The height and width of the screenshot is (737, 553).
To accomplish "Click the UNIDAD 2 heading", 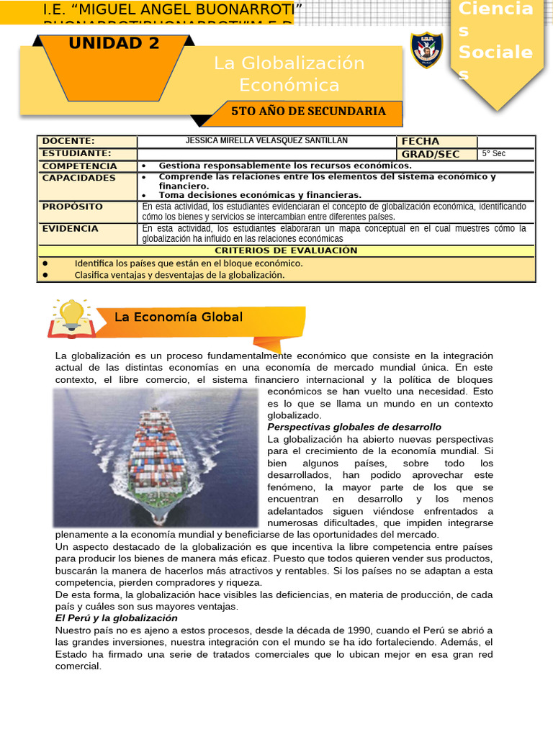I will pyautogui.click(x=114, y=44).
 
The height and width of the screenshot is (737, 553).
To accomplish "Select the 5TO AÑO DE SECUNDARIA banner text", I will pyautogui.click(x=308, y=112).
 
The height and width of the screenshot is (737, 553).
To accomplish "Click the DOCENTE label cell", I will pyautogui.click(x=69, y=141).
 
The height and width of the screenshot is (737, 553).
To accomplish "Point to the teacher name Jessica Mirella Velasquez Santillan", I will pyautogui.click(x=266, y=141).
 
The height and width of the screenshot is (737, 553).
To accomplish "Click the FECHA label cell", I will pyautogui.click(x=421, y=141).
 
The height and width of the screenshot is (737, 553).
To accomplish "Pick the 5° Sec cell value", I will pyautogui.click(x=494, y=153).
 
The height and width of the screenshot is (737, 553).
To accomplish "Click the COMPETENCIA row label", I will pyautogui.click(x=79, y=166).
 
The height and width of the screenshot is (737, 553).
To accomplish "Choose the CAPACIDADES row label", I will pyautogui.click(x=78, y=178).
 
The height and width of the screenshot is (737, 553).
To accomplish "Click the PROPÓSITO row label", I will pyautogui.click(x=73, y=207).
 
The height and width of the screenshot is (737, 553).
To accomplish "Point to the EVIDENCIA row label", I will pyautogui.click(x=71, y=228).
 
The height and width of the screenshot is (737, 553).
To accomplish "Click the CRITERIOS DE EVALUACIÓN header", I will pyautogui.click(x=286, y=250).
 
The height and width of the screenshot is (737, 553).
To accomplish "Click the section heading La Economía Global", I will pyautogui.click(x=179, y=317).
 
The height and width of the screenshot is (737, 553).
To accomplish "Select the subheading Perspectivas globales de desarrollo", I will pyautogui.click(x=354, y=427).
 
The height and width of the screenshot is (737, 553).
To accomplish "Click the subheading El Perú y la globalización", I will pyautogui.click(x=117, y=618).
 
